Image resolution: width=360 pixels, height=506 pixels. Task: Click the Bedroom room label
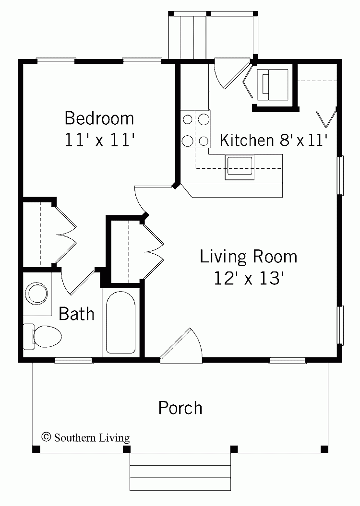99,118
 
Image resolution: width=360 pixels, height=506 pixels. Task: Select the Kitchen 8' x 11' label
274,140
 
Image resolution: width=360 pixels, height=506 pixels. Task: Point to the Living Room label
248,257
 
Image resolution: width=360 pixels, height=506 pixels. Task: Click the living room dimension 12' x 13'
248,279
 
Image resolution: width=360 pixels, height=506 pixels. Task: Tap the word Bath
76,314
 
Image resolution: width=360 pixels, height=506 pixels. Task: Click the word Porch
180,408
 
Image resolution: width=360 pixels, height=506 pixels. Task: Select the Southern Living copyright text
86,437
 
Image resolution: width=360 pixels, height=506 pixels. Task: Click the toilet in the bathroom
43,334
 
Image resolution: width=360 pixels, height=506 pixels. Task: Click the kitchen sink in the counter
239,166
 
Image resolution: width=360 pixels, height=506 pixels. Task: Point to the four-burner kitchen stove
195,129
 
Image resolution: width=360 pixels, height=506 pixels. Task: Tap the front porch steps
180,477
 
